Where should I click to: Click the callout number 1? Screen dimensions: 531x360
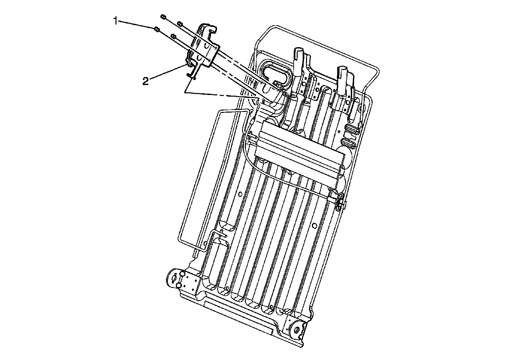(x=115, y=21)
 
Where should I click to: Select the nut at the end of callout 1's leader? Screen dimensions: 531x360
(x=156, y=29)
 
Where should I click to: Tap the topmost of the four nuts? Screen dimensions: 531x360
(x=163, y=17)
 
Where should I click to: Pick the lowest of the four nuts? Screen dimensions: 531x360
(x=174, y=36)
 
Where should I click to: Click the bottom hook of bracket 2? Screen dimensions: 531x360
(x=191, y=75)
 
